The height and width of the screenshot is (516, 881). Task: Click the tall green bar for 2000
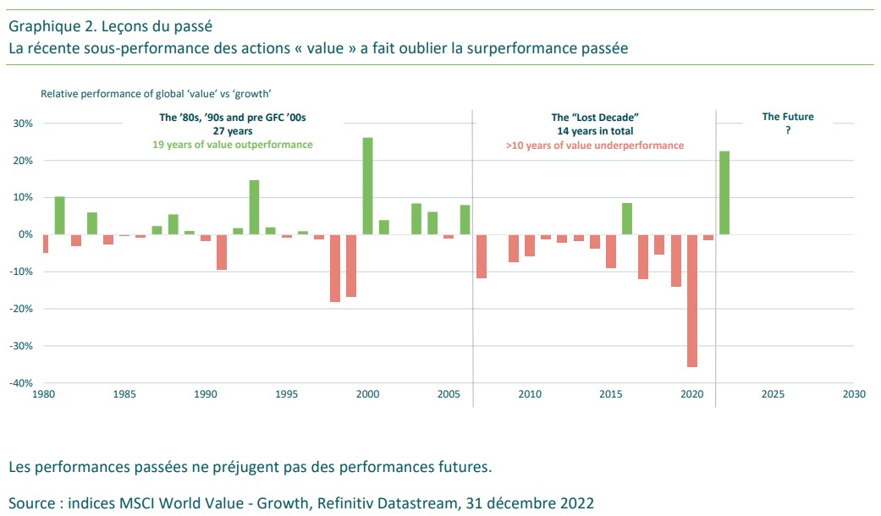coord(367,185)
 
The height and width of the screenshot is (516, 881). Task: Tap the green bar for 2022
coord(724,192)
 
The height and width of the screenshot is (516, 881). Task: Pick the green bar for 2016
coord(627,218)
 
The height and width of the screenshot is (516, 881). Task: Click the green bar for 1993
coord(254,206)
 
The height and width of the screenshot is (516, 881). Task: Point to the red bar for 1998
coord(335,268)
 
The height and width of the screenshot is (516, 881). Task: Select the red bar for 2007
coord(482,255)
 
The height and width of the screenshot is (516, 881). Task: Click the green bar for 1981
coord(60,215)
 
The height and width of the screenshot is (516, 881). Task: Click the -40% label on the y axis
coord(21,383)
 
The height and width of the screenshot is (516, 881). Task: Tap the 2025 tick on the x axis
coord(773,394)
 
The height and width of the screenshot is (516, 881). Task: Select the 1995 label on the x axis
coord(286,394)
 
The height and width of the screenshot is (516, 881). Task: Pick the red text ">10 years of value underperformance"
coord(595,145)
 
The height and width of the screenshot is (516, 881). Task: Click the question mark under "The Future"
coord(788,131)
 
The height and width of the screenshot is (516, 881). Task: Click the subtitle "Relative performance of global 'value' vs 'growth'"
coord(161,94)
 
